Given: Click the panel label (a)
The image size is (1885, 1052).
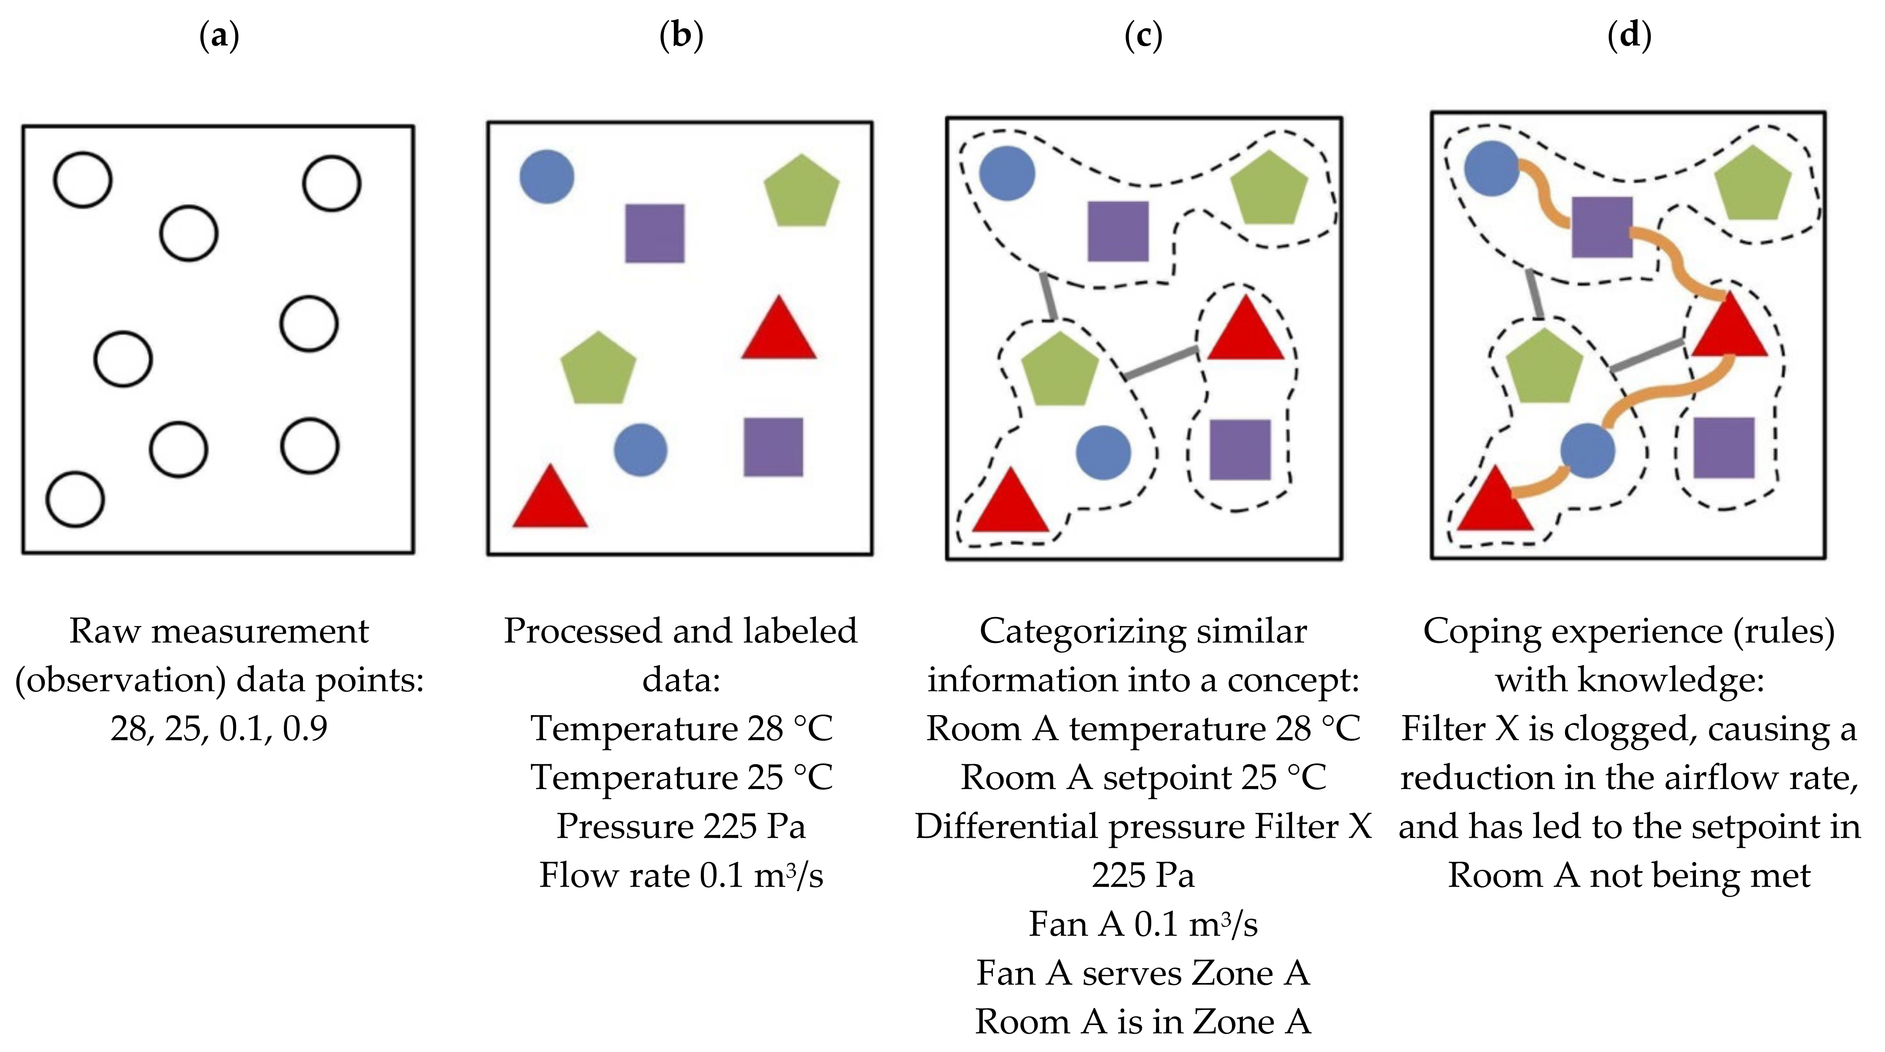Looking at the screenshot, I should [x=219, y=35].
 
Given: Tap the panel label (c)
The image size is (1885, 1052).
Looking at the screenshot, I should [x=1142, y=35].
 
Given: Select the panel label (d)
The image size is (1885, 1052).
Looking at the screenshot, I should [x=1629, y=35].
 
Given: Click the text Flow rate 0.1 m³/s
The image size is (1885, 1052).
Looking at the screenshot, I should [x=680, y=875].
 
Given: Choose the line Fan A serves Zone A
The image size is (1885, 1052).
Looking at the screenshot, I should [x=1142, y=973].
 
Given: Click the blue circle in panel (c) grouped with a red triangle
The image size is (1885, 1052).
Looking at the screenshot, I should [x=1103, y=453].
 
